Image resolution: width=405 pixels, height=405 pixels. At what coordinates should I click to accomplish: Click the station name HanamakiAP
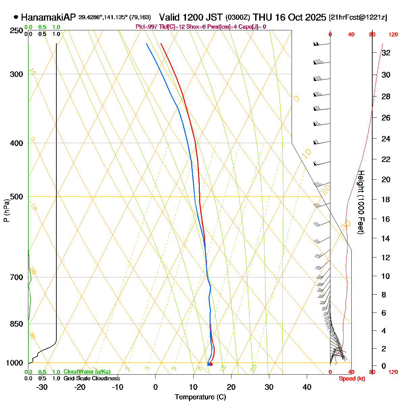(49, 17)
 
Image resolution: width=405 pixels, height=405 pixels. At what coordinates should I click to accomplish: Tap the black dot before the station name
(16, 17)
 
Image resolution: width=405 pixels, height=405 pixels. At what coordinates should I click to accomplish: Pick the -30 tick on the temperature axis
(42, 387)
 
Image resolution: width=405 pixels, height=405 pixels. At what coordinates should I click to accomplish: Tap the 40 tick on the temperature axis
(307, 387)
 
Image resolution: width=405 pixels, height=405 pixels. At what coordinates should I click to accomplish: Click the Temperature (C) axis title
(200, 397)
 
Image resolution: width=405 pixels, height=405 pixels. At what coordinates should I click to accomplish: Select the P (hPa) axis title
(6, 211)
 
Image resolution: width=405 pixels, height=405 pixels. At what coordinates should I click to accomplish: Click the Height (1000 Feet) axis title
(361, 202)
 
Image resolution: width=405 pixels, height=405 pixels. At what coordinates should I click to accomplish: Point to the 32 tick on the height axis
(386, 53)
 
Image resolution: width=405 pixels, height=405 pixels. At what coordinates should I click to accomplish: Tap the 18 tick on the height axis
(386, 199)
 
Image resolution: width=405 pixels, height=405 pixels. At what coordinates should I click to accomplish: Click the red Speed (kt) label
(352, 379)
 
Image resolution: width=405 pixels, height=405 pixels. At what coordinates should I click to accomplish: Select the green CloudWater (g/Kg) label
(87, 372)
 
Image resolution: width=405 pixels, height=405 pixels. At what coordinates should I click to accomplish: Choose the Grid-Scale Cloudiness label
(91, 379)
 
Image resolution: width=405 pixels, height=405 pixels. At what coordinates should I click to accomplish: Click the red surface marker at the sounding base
(211, 364)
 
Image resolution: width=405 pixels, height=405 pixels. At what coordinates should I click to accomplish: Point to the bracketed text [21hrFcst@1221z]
(358, 18)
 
